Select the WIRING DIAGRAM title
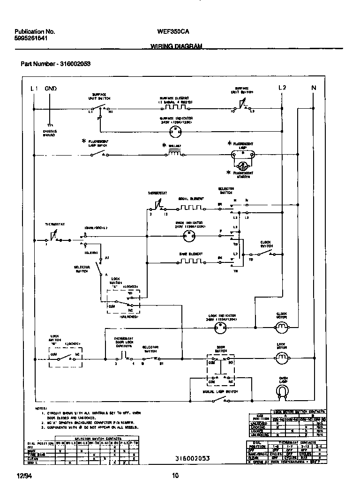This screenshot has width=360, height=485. tap(176, 46)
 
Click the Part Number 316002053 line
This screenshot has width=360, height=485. tap(55, 64)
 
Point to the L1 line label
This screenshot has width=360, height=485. tap(34, 88)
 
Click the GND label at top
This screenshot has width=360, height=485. tap(51, 88)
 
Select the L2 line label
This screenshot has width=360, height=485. tap(282, 88)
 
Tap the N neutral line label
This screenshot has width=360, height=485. tap(314, 88)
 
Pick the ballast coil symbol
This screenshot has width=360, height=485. tap(175, 154)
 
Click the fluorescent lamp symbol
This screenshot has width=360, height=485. tap(243, 153)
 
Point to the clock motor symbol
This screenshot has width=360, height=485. tap(281, 328)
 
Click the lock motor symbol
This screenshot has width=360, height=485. tap(281, 358)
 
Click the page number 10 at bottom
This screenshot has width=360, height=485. tap(175, 476)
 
